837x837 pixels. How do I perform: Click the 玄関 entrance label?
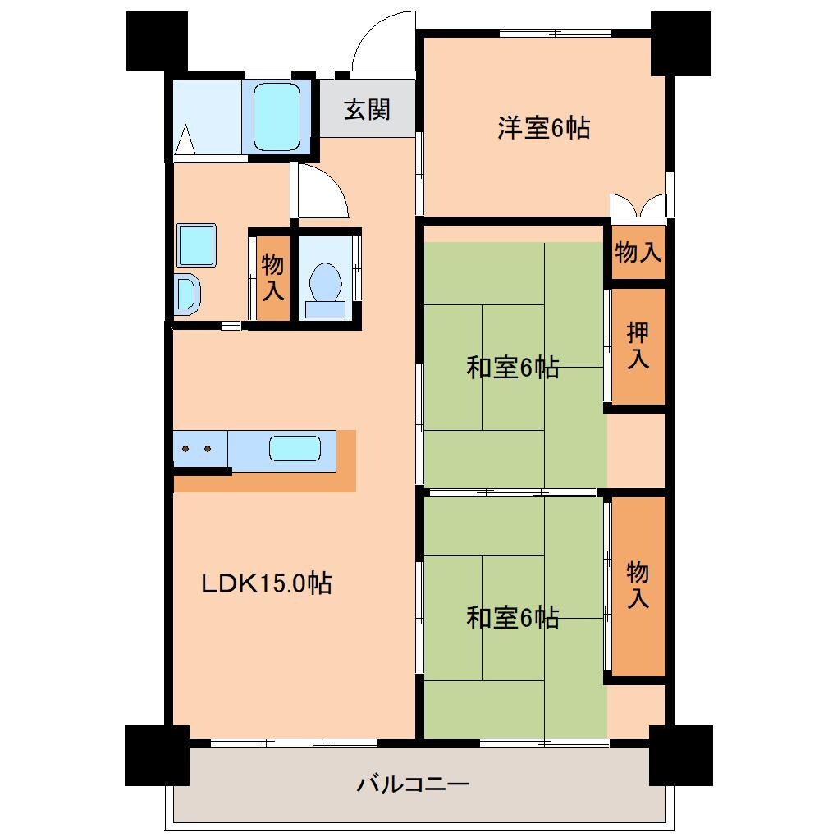(366, 110)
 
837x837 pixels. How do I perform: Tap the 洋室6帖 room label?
(543, 128)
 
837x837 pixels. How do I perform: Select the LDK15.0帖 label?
(267, 584)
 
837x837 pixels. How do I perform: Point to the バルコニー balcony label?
(413, 784)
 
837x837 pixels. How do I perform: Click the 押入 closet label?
(638, 345)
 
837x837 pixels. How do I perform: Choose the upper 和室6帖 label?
(513, 368)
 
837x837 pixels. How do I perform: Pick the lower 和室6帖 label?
(513, 617)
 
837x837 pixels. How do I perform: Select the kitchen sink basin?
(295, 449)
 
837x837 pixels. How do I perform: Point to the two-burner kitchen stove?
(198, 449)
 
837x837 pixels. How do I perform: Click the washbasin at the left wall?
(186, 294)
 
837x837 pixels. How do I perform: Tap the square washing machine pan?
(196, 245)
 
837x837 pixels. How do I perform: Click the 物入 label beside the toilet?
(272, 277)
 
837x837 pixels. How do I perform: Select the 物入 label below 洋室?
(638, 253)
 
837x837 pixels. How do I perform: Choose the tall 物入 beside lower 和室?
(638, 584)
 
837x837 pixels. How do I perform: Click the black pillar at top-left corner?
(157, 41)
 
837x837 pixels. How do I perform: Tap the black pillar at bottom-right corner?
(680, 755)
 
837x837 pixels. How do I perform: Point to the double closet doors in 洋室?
(638, 206)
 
